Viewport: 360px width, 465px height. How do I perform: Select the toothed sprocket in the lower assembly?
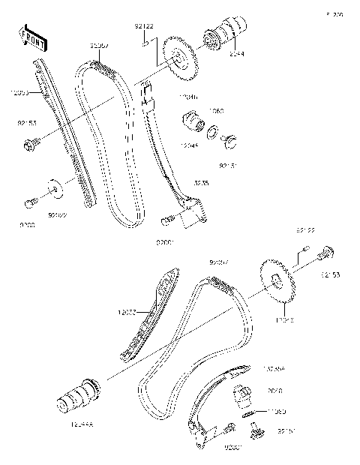277,284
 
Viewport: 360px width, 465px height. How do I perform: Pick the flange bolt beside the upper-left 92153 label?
31,149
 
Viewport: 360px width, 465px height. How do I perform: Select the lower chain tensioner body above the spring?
244,395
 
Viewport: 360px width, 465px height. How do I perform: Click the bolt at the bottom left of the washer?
31,202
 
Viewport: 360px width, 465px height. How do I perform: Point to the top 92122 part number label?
145,27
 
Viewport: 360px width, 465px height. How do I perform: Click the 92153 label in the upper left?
26,122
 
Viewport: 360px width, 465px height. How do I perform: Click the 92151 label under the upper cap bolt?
228,166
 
